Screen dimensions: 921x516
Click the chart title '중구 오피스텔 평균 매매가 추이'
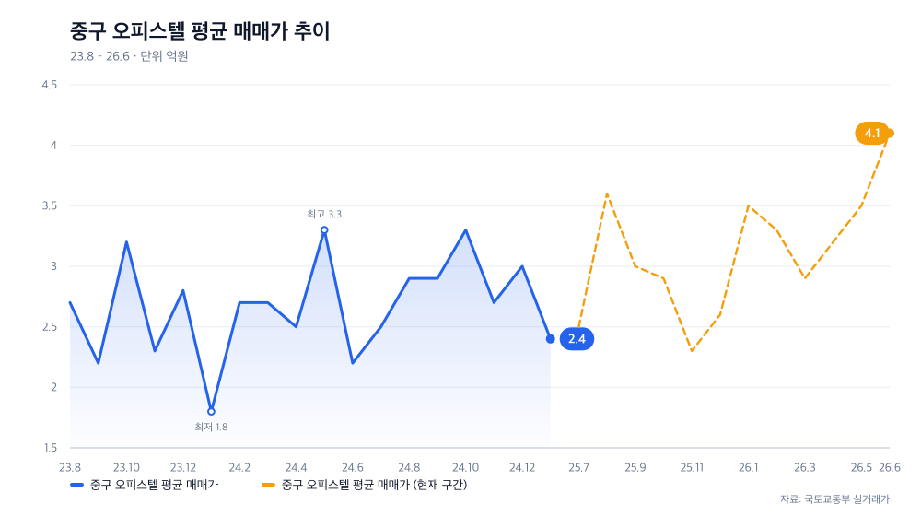200,31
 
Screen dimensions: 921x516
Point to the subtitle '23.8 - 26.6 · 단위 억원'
129,56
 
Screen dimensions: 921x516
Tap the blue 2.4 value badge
577,339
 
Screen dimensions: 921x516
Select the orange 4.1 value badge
871,134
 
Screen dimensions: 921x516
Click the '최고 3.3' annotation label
323,214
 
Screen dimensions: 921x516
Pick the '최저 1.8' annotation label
211,427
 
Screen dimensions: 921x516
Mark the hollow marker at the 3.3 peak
324,230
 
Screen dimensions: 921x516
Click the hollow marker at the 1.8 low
212,411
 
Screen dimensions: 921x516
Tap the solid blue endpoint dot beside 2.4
551,339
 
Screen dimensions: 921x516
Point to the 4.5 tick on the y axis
50,85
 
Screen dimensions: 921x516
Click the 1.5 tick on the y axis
50,448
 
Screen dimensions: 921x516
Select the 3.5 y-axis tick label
50,205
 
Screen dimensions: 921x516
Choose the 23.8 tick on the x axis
70,468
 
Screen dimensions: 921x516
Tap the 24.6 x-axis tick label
353,468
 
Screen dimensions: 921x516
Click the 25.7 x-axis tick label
578,468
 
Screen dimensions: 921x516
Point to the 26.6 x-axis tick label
890,468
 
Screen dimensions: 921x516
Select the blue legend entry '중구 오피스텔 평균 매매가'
144,485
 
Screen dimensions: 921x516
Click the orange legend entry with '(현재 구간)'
364,485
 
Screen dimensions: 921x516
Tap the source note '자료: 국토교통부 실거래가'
834,499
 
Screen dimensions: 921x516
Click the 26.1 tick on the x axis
748,468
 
